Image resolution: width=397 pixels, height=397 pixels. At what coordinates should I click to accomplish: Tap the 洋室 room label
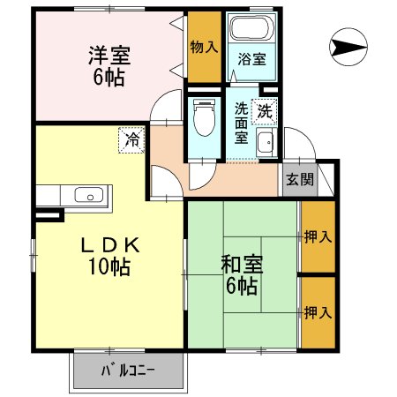tap(109, 55)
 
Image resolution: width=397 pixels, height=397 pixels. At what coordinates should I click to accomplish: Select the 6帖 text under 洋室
tap(109, 77)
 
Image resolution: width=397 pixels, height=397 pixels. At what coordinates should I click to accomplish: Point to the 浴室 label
tap(251, 60)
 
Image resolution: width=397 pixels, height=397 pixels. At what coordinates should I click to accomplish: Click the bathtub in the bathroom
tap(251, 31)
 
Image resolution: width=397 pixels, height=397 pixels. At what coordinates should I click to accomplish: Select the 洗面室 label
tap(241, 123)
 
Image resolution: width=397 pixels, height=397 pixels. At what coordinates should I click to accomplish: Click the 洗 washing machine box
tap(265, 111)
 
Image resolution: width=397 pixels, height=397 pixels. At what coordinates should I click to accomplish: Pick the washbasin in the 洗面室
tap(266, 143)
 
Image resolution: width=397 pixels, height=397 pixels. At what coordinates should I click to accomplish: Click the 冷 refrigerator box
tap(131, 139)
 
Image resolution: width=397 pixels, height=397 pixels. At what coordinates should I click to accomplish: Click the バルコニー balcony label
tap(128, 371)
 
